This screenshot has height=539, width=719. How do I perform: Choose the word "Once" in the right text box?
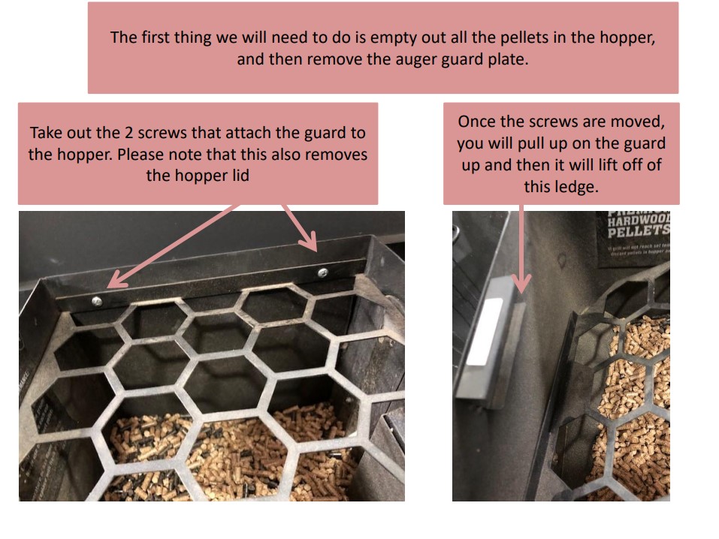(478, 122)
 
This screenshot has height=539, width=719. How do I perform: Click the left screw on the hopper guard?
(96, 300)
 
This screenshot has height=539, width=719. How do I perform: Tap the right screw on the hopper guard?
(322, 272)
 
